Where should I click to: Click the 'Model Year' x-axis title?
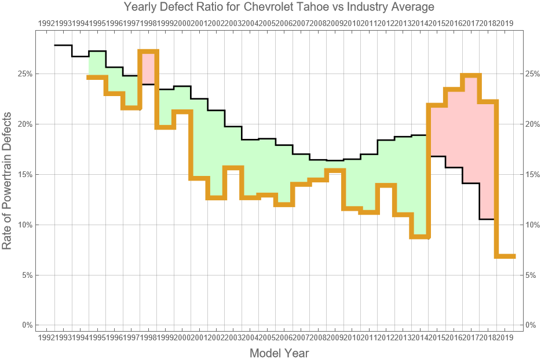click(x=279, y=353)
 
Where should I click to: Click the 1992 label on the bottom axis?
click(x=46, y=337)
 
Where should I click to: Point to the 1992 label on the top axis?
click(x=46, y=23)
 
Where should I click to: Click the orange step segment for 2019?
click(x=505, y=256)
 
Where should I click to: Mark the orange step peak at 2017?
click(x=471, y=75)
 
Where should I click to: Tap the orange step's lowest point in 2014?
click(x=419, y=236)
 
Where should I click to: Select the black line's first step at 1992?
click(x=63, y=45)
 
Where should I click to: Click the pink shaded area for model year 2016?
click(x=454, y=127)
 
